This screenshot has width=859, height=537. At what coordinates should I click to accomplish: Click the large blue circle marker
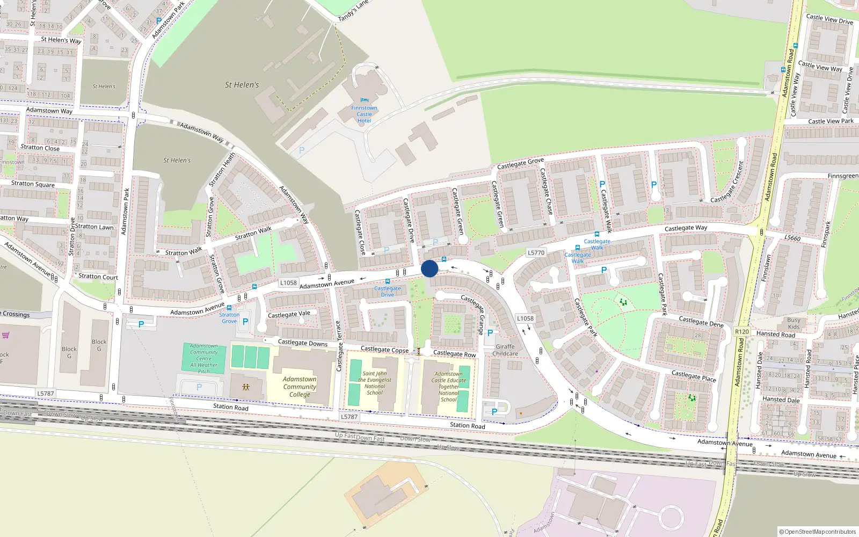429,268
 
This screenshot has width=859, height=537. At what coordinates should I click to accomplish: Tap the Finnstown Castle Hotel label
364,114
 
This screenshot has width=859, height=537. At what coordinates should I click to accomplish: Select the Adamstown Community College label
300,387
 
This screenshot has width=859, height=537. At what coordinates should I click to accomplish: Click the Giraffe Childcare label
505,350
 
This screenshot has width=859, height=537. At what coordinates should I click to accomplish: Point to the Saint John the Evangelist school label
374,383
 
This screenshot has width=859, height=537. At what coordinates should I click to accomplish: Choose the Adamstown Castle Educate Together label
448,387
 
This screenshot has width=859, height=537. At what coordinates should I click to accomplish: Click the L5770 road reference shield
536,252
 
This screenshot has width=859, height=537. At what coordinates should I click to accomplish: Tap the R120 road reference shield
742,332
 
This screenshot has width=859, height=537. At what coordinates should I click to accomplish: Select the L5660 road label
792,238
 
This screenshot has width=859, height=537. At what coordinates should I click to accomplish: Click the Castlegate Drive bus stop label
388,292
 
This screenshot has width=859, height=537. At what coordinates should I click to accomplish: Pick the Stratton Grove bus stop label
229,318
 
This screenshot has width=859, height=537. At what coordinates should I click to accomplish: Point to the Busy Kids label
794,323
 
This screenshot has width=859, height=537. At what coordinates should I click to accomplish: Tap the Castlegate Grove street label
520,163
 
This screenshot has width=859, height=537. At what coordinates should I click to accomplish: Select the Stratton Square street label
33,184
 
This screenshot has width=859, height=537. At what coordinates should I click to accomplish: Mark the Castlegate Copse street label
384,350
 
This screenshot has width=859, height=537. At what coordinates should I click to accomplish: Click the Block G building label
99,345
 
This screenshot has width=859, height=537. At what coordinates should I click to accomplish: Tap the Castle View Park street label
831,121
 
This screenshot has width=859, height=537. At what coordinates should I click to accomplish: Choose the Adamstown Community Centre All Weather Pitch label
204,359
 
